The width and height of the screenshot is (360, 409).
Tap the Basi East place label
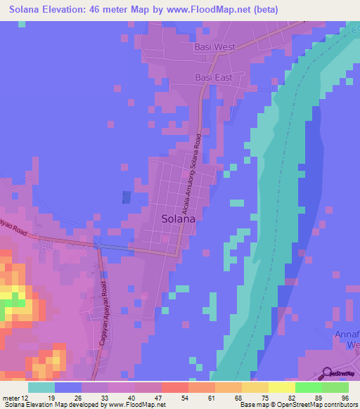point(214,77)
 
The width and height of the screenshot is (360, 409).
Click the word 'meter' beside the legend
point(11,397)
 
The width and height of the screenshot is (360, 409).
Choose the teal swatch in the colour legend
point(41,387)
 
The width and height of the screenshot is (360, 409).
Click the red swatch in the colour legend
point(174,387)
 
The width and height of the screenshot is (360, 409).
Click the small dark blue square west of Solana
point(127,199)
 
